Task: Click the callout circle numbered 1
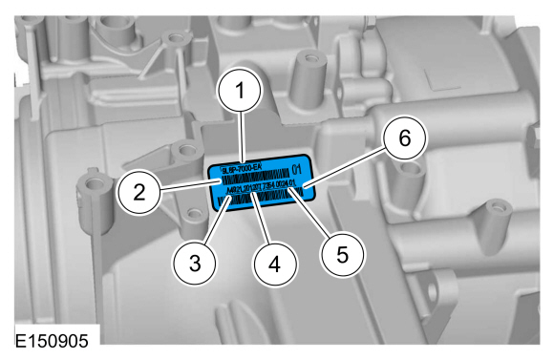(x=243, y=92)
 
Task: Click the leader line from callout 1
(x=243, y=138)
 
